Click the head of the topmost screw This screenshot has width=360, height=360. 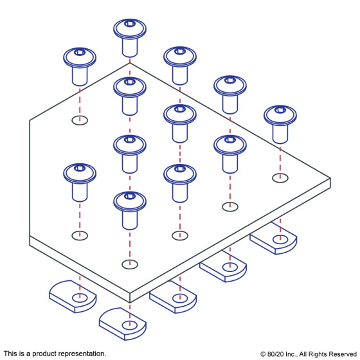pyautogui.click(x=130, y=29)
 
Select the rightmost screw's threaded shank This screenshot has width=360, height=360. pyautogui.click(x=280, y=134)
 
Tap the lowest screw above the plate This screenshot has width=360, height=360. pyautogui.click(x=130, y=211)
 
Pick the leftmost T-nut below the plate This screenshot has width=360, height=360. pyautogui.click(x=73, y=296)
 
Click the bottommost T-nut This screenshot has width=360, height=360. pyautogui.click(x=123, y=324)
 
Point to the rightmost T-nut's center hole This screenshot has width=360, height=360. pyautogui.click(x=280, y=239)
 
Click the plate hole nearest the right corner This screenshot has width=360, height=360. pyautogui.click(x=280, y=178)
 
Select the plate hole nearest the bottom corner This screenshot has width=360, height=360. pyautogui.click(x=130, y=264)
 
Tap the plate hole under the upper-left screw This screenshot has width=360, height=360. pyautogui.click(x=80, y=120)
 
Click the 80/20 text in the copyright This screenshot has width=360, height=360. pyautogui.click(x=276, y=354)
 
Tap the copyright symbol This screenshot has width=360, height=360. pyautogui.click(x=263, y=354)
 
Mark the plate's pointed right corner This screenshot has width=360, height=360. pyautogui.click(x=330, y=178)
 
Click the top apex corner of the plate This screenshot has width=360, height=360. pyautogui.click(x=130, y=63)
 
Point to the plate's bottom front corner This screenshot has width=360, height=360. pyautogui.click(x=130, y=302)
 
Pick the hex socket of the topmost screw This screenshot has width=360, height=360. pyautogui.click(x=130, y=23)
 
